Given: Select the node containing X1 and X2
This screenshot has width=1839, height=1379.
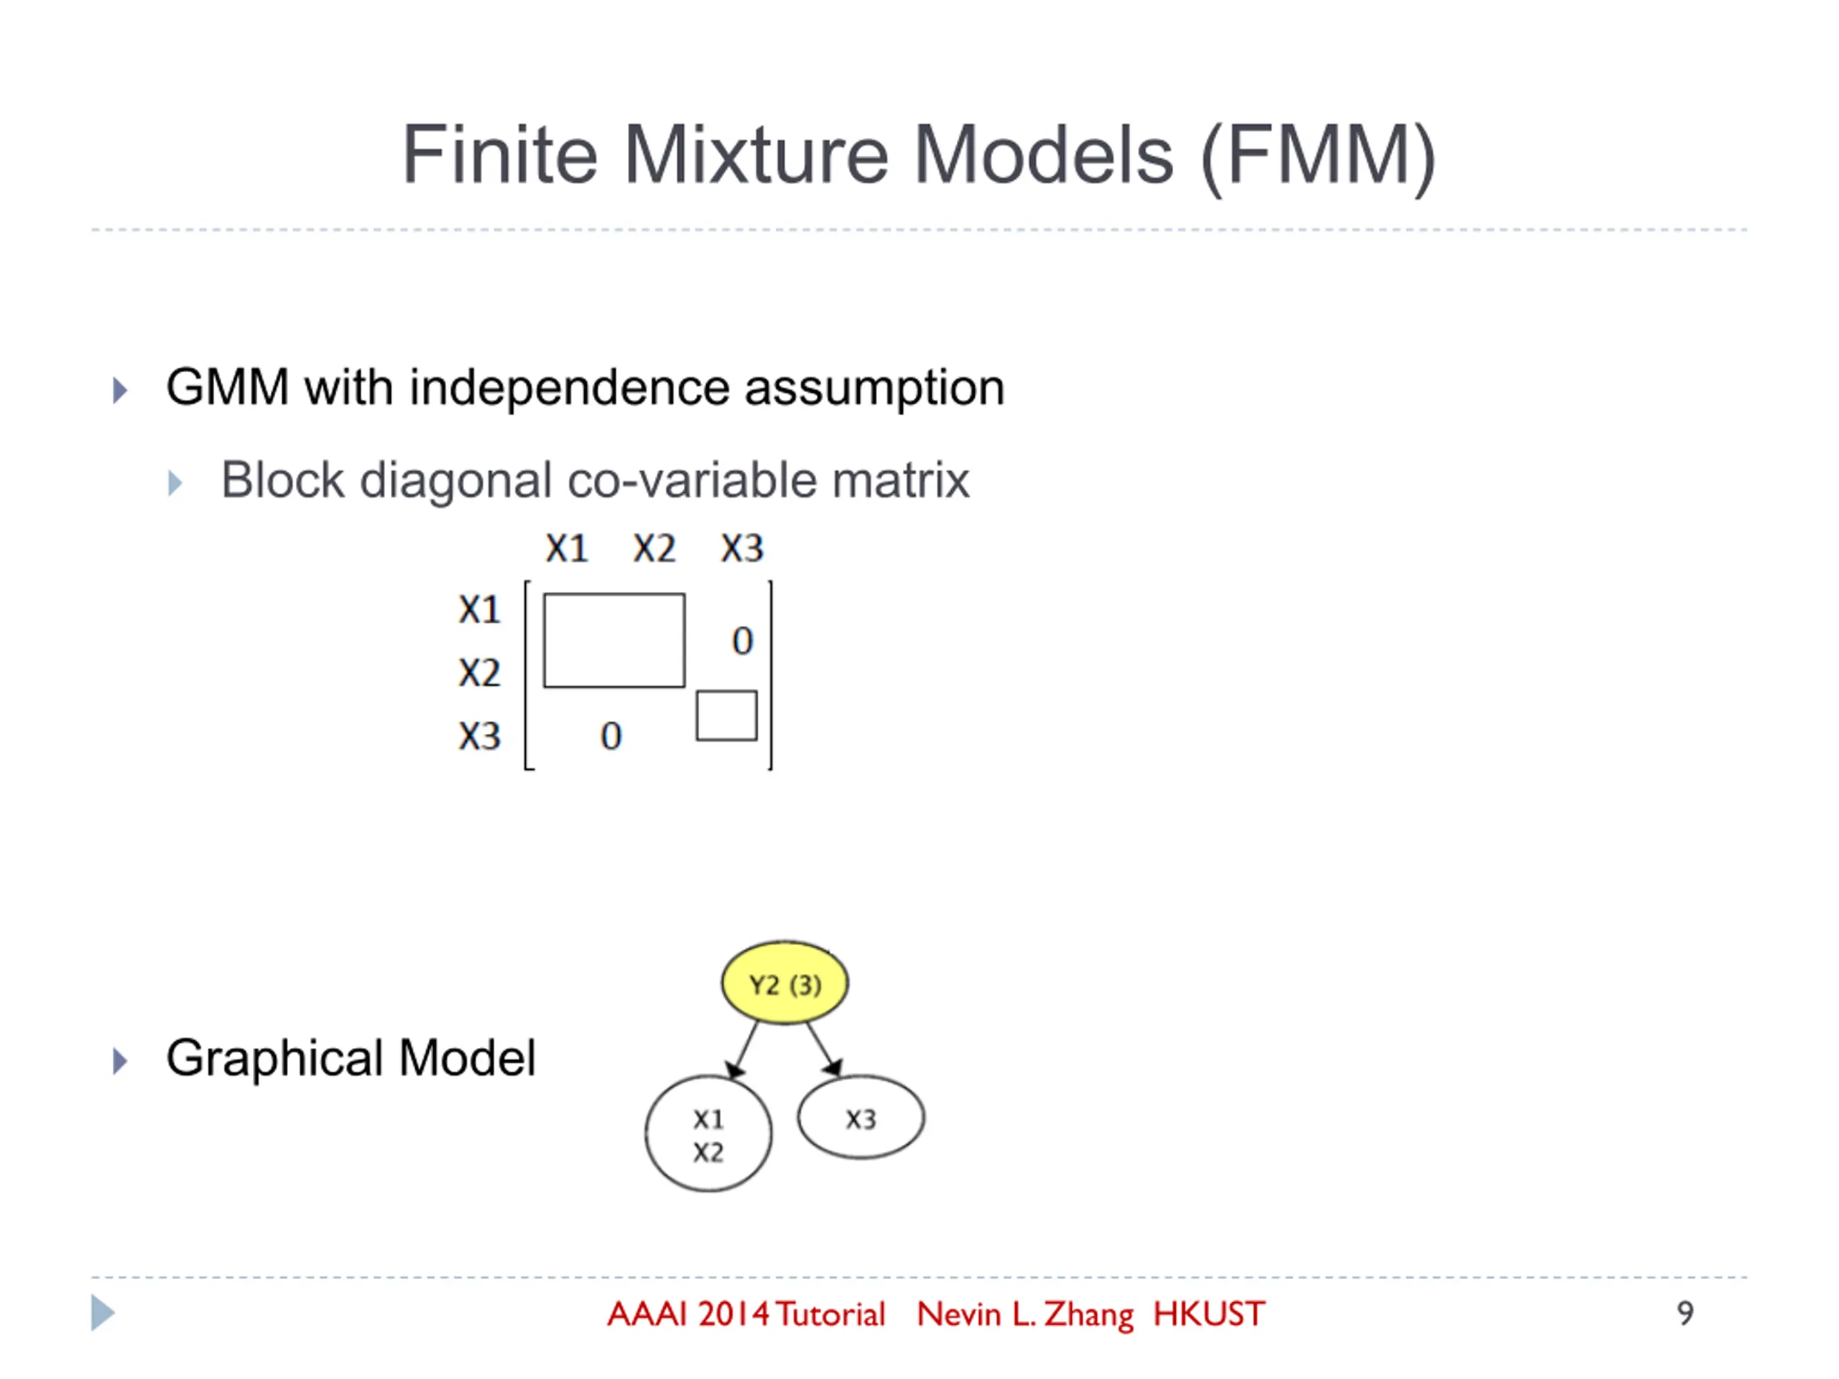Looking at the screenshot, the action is tap(708, 1134).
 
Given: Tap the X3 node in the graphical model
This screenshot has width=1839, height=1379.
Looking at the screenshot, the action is tap(861, 1118).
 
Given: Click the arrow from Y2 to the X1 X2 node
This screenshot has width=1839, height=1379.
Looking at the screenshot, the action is tap(744, 1049).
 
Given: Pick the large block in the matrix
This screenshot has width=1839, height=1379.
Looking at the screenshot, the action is tap(614, 640).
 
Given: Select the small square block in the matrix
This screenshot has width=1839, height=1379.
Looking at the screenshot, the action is tap(727, 715).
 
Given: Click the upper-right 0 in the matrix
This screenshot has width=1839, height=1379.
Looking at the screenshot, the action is tap(742, 641).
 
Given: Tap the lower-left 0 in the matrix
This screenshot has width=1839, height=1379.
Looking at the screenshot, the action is tap(611, 736).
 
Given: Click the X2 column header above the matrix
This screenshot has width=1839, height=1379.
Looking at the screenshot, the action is tap(654, 549).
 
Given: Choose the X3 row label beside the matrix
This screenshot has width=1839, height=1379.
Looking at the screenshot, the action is tap(480, 736).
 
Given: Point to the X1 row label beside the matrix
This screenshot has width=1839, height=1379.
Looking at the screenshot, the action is tap(480, 610).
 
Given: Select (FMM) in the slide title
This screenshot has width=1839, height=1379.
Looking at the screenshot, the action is tap(1319, 157).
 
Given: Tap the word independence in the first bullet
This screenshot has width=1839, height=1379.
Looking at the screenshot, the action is tap(569, 388).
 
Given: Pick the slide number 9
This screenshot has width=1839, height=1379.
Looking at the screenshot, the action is tap(1685, 1314).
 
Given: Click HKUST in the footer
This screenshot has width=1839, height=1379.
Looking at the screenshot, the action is tap(1209, 1314).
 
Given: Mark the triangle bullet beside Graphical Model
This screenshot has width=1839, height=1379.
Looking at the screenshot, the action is tap(121, 1061).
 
